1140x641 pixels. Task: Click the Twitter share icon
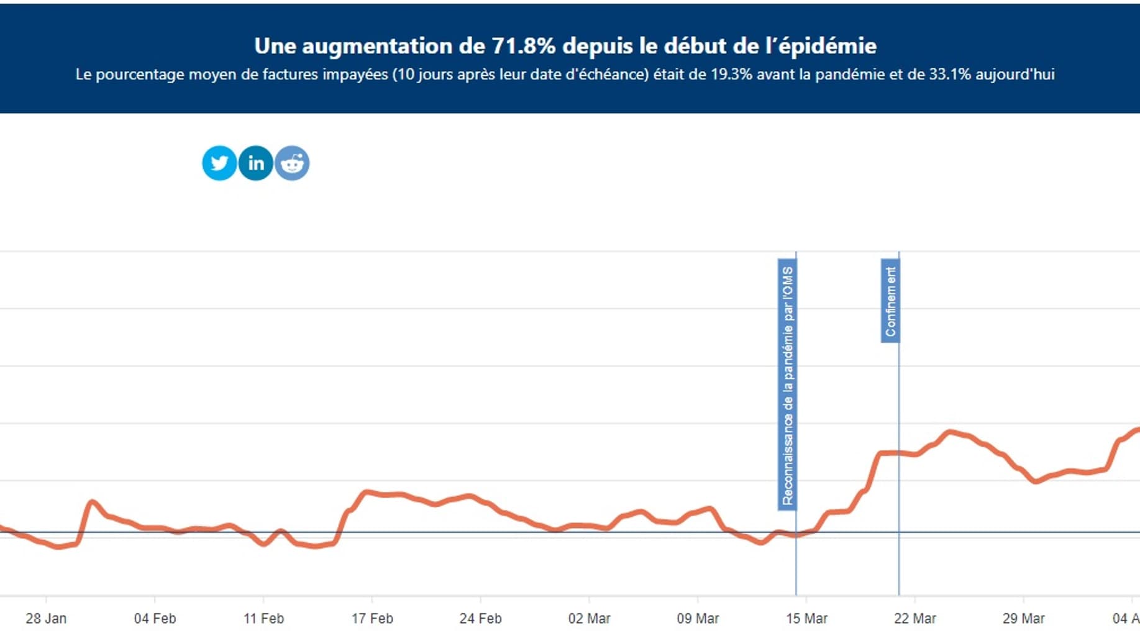(219, 163)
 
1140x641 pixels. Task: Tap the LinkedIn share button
(256, 163)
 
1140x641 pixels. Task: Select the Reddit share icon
(292, 163)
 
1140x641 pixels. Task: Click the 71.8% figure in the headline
(523, 46)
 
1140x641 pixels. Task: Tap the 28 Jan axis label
(46, 619)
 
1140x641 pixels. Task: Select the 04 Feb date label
(155, 619)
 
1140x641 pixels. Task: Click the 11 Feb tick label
(263, 619)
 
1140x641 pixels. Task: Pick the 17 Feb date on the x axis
(372, 619)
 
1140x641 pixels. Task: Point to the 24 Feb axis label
(480, 619)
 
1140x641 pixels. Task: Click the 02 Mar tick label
(589, 619)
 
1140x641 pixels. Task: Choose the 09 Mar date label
(698, 619)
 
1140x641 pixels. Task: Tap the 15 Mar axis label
(806, 619)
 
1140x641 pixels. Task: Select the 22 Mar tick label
(914, 619)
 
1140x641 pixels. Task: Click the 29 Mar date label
(1023, 619)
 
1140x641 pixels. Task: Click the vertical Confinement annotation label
(890, 301)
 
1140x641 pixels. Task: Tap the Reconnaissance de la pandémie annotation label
(787, 385)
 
